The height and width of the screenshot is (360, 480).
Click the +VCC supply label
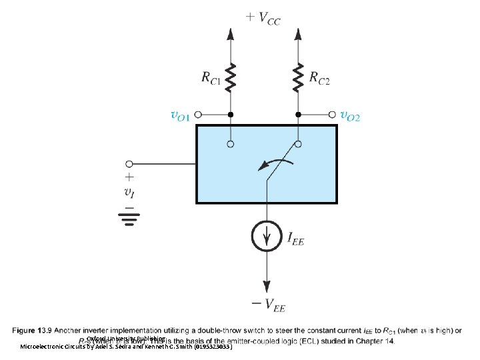263,19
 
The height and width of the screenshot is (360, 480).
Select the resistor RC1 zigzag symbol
231,78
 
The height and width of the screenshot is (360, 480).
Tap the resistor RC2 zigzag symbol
299,78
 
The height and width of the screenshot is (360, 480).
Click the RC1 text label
212,78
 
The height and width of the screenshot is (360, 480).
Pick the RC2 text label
319,78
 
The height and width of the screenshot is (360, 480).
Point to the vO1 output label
179,116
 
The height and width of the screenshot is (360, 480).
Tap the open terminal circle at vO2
331,115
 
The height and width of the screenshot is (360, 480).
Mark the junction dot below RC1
231,115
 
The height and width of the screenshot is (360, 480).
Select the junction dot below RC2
299,115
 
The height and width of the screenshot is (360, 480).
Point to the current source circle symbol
266,236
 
